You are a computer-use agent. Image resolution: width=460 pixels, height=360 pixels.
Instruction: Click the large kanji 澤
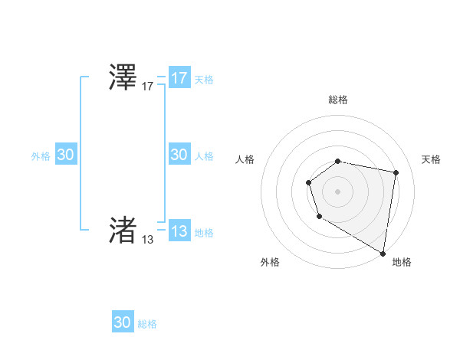click(123, 78)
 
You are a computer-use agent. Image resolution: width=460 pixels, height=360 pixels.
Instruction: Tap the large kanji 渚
click(123, 229)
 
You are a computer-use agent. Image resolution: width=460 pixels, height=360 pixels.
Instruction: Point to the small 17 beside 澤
click(148, 87)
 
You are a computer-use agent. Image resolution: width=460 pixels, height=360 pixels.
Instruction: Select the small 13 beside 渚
click(148, 239)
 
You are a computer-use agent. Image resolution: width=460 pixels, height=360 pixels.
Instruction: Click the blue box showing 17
click(179, 78)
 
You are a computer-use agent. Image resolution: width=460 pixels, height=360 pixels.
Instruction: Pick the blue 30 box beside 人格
click(179, 155)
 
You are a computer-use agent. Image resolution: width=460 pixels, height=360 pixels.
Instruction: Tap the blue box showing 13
click(179, 231)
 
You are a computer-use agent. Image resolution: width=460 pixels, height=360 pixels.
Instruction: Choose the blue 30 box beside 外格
click(66, 155)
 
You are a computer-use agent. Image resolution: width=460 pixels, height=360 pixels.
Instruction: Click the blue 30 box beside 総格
click(123, 322)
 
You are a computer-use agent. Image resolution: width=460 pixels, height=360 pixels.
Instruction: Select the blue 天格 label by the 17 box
click(204, 80)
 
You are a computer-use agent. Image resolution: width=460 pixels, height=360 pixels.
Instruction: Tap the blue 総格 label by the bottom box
click(147, 324)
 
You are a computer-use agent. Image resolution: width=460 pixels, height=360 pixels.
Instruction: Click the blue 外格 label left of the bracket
click(41, 156)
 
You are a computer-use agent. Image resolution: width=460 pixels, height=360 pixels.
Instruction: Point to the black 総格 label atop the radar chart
click(338, 100)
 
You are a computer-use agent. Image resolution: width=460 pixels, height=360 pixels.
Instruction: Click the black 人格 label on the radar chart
click(245, 159)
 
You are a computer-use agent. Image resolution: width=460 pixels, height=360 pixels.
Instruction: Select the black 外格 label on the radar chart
click(270, 262)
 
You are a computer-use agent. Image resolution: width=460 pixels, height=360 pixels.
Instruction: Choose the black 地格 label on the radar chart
click(402, 262)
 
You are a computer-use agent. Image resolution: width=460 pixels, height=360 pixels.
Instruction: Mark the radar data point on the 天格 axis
click(396, 173)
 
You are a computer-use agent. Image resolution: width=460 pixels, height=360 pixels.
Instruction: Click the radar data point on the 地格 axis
click(383, 253)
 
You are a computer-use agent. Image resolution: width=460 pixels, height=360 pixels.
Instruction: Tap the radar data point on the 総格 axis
click(338, 161)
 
